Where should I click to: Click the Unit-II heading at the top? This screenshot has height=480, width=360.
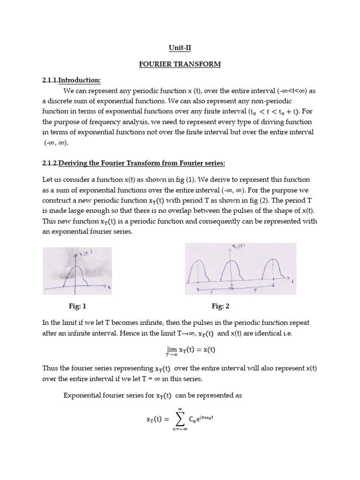180,47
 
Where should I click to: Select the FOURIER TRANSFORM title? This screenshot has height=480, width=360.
180,64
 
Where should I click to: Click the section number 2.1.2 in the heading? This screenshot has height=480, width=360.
50,163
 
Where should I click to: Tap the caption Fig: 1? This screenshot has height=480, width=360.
77,307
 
